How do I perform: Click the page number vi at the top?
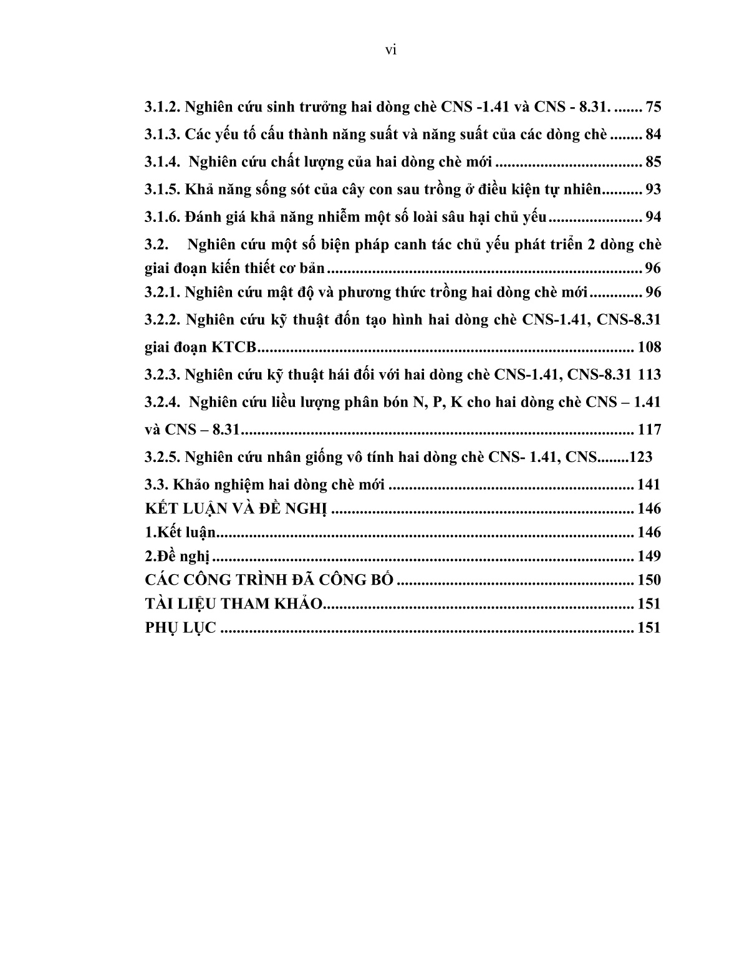391,50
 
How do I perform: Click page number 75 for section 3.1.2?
653,107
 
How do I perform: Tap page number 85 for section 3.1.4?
653,162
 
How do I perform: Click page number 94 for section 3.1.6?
653,217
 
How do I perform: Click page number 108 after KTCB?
648,347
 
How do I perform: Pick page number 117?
648,430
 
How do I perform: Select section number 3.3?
157,484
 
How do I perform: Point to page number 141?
648,484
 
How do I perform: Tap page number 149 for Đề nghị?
648,556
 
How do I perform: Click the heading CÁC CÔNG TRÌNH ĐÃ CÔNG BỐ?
269,580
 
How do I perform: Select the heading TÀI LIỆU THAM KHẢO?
234,603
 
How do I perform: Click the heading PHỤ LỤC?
180,628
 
